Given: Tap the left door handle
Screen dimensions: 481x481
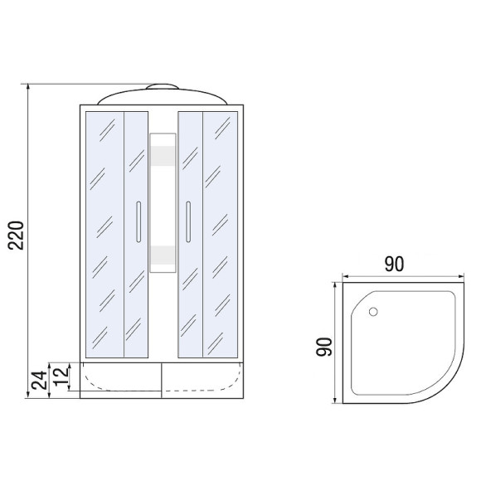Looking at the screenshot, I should point(138,221).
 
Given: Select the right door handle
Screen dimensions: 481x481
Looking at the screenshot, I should point(188,221).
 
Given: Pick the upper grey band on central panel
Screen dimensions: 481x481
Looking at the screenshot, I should point(163,158).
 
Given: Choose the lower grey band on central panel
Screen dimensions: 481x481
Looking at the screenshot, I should point(163,254).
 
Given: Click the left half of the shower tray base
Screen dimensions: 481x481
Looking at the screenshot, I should point(122,379).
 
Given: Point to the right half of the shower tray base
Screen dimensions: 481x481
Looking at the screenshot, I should point(203,379).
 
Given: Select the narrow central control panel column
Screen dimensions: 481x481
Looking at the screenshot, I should point(163,203).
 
